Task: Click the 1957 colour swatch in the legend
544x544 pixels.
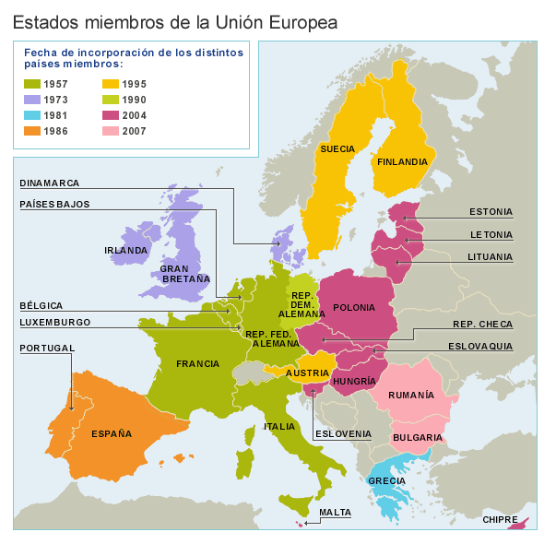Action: (31, 84)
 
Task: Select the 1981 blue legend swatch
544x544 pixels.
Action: (31, 115)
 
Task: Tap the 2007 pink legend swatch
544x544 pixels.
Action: (108, 131)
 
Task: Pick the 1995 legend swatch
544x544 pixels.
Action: (108, 84)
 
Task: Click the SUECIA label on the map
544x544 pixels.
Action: (337, 148)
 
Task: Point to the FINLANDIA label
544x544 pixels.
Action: (401, 161)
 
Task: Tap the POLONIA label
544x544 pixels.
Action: (354, 308)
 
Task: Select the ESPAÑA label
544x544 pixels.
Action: (112, 433)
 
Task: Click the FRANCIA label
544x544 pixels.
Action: (197, 364)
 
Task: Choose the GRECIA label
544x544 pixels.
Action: (386, 480)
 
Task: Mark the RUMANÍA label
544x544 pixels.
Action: (437, 395)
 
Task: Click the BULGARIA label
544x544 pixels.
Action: (418, 437)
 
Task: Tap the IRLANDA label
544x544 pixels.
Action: (125, 250)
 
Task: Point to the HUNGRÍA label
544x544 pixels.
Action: (354, 381)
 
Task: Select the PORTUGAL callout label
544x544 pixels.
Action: (47, 348)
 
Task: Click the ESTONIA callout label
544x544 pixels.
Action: (491, 211)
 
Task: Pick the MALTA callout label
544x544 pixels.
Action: (335, 512)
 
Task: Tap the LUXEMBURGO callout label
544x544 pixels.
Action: (55, 322)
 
